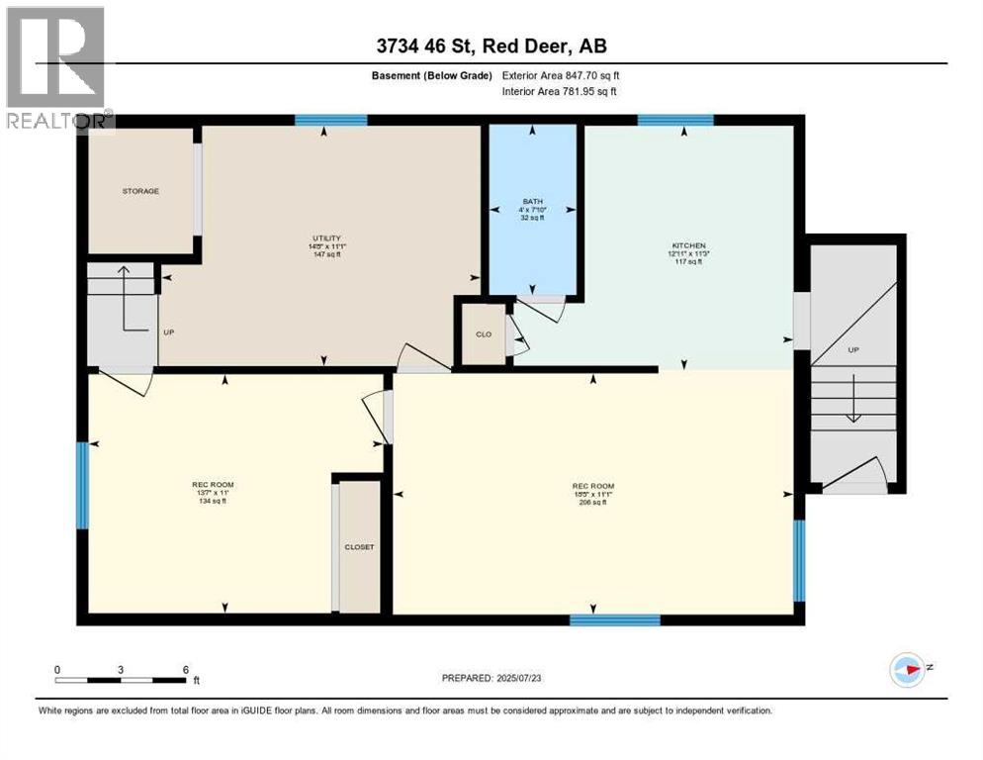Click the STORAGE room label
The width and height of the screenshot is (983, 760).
click(x=140, y=191)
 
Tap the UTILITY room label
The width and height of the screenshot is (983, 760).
click(x=326, y=238)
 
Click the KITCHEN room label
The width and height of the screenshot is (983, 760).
click(x=687, y=245)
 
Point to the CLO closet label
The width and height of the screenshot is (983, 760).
click(x=484, y=334)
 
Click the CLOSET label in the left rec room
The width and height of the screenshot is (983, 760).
click(x=359, y=546)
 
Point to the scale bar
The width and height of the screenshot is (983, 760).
click(x=121, y=679)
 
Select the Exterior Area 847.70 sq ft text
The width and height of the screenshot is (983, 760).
click(x=561, y=75)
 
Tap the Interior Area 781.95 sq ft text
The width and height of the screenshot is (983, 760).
click(x=561, y=92)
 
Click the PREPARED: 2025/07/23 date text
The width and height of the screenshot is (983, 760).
click(x=491, y=679)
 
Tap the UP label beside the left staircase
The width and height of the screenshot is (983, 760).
click(x=168, y=332)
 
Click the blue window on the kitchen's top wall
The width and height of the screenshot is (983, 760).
click(x=675, y=121)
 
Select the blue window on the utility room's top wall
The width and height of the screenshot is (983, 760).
click(x=331, y=121)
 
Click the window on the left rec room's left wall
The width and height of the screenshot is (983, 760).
click(x=83, y=485)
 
